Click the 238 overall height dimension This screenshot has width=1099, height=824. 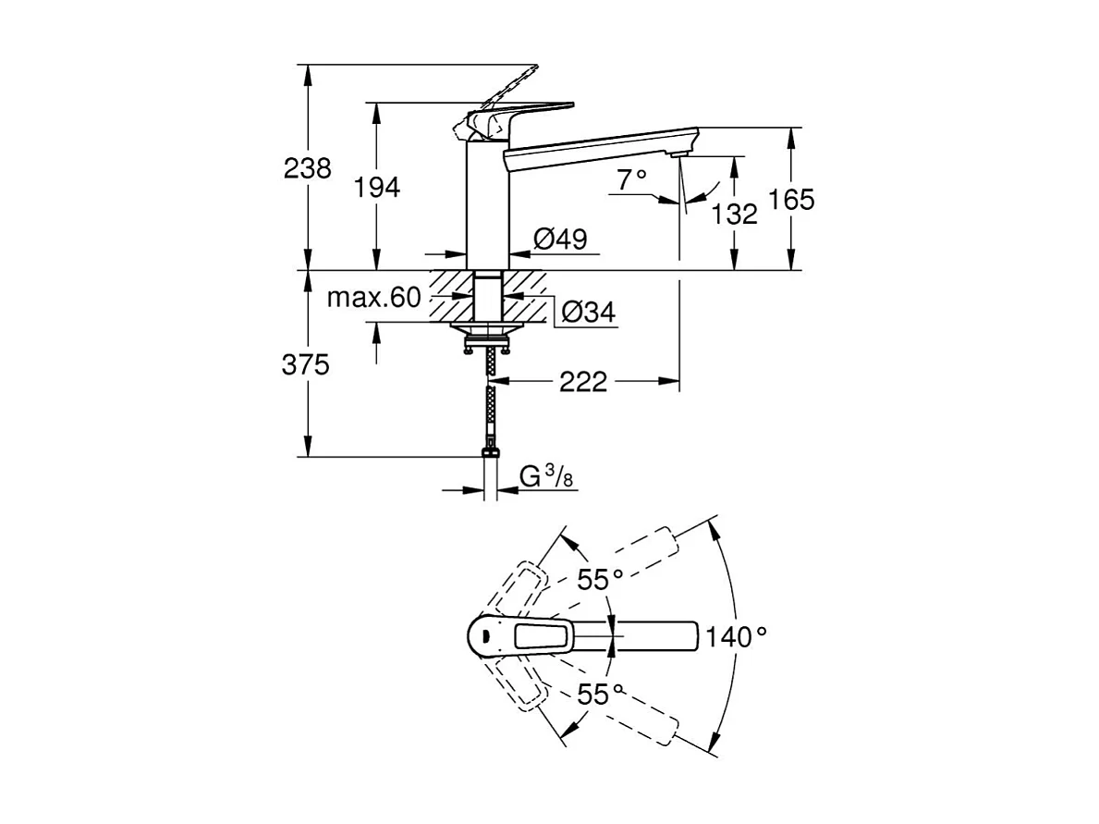(x=307, y=168)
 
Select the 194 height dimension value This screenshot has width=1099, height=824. (x=376, y=187)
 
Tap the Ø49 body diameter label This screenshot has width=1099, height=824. (x=561, y=240)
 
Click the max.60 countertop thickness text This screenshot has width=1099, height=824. (x=373, y=298)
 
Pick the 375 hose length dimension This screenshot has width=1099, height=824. (x=307, y=365)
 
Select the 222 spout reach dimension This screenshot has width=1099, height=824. (x=583, y=381)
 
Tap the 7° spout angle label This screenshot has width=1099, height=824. (x=632, y=180)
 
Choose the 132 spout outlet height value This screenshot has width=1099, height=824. (x=735, y=214)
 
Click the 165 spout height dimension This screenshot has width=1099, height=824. (x=791, y=199)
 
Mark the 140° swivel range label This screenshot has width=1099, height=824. (x=737, y=635)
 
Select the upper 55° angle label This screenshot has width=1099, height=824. (x=601, y=580)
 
